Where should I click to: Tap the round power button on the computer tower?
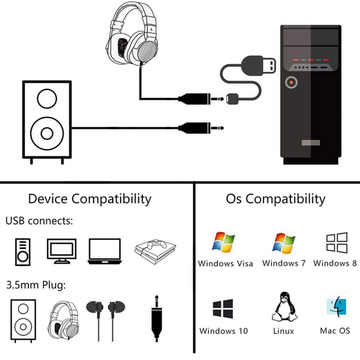coord(291,82)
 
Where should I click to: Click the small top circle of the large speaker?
coord(47,99)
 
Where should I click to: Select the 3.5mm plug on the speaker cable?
coord(201,128)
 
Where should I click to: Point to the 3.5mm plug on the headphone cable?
coord(201,99)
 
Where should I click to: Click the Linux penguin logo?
coord(284,307)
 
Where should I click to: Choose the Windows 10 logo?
coord(223,309)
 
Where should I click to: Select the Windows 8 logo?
coord(337,243)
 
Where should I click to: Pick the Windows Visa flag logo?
coord(224,242)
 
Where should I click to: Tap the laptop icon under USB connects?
coord(105,251)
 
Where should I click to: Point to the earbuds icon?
coord(105,320)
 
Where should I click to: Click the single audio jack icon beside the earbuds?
coord(157,319)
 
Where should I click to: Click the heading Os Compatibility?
coord(275,199)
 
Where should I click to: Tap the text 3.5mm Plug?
coord(36,285)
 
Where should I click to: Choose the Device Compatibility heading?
coord(90,199)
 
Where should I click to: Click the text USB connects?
coord(39,221)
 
